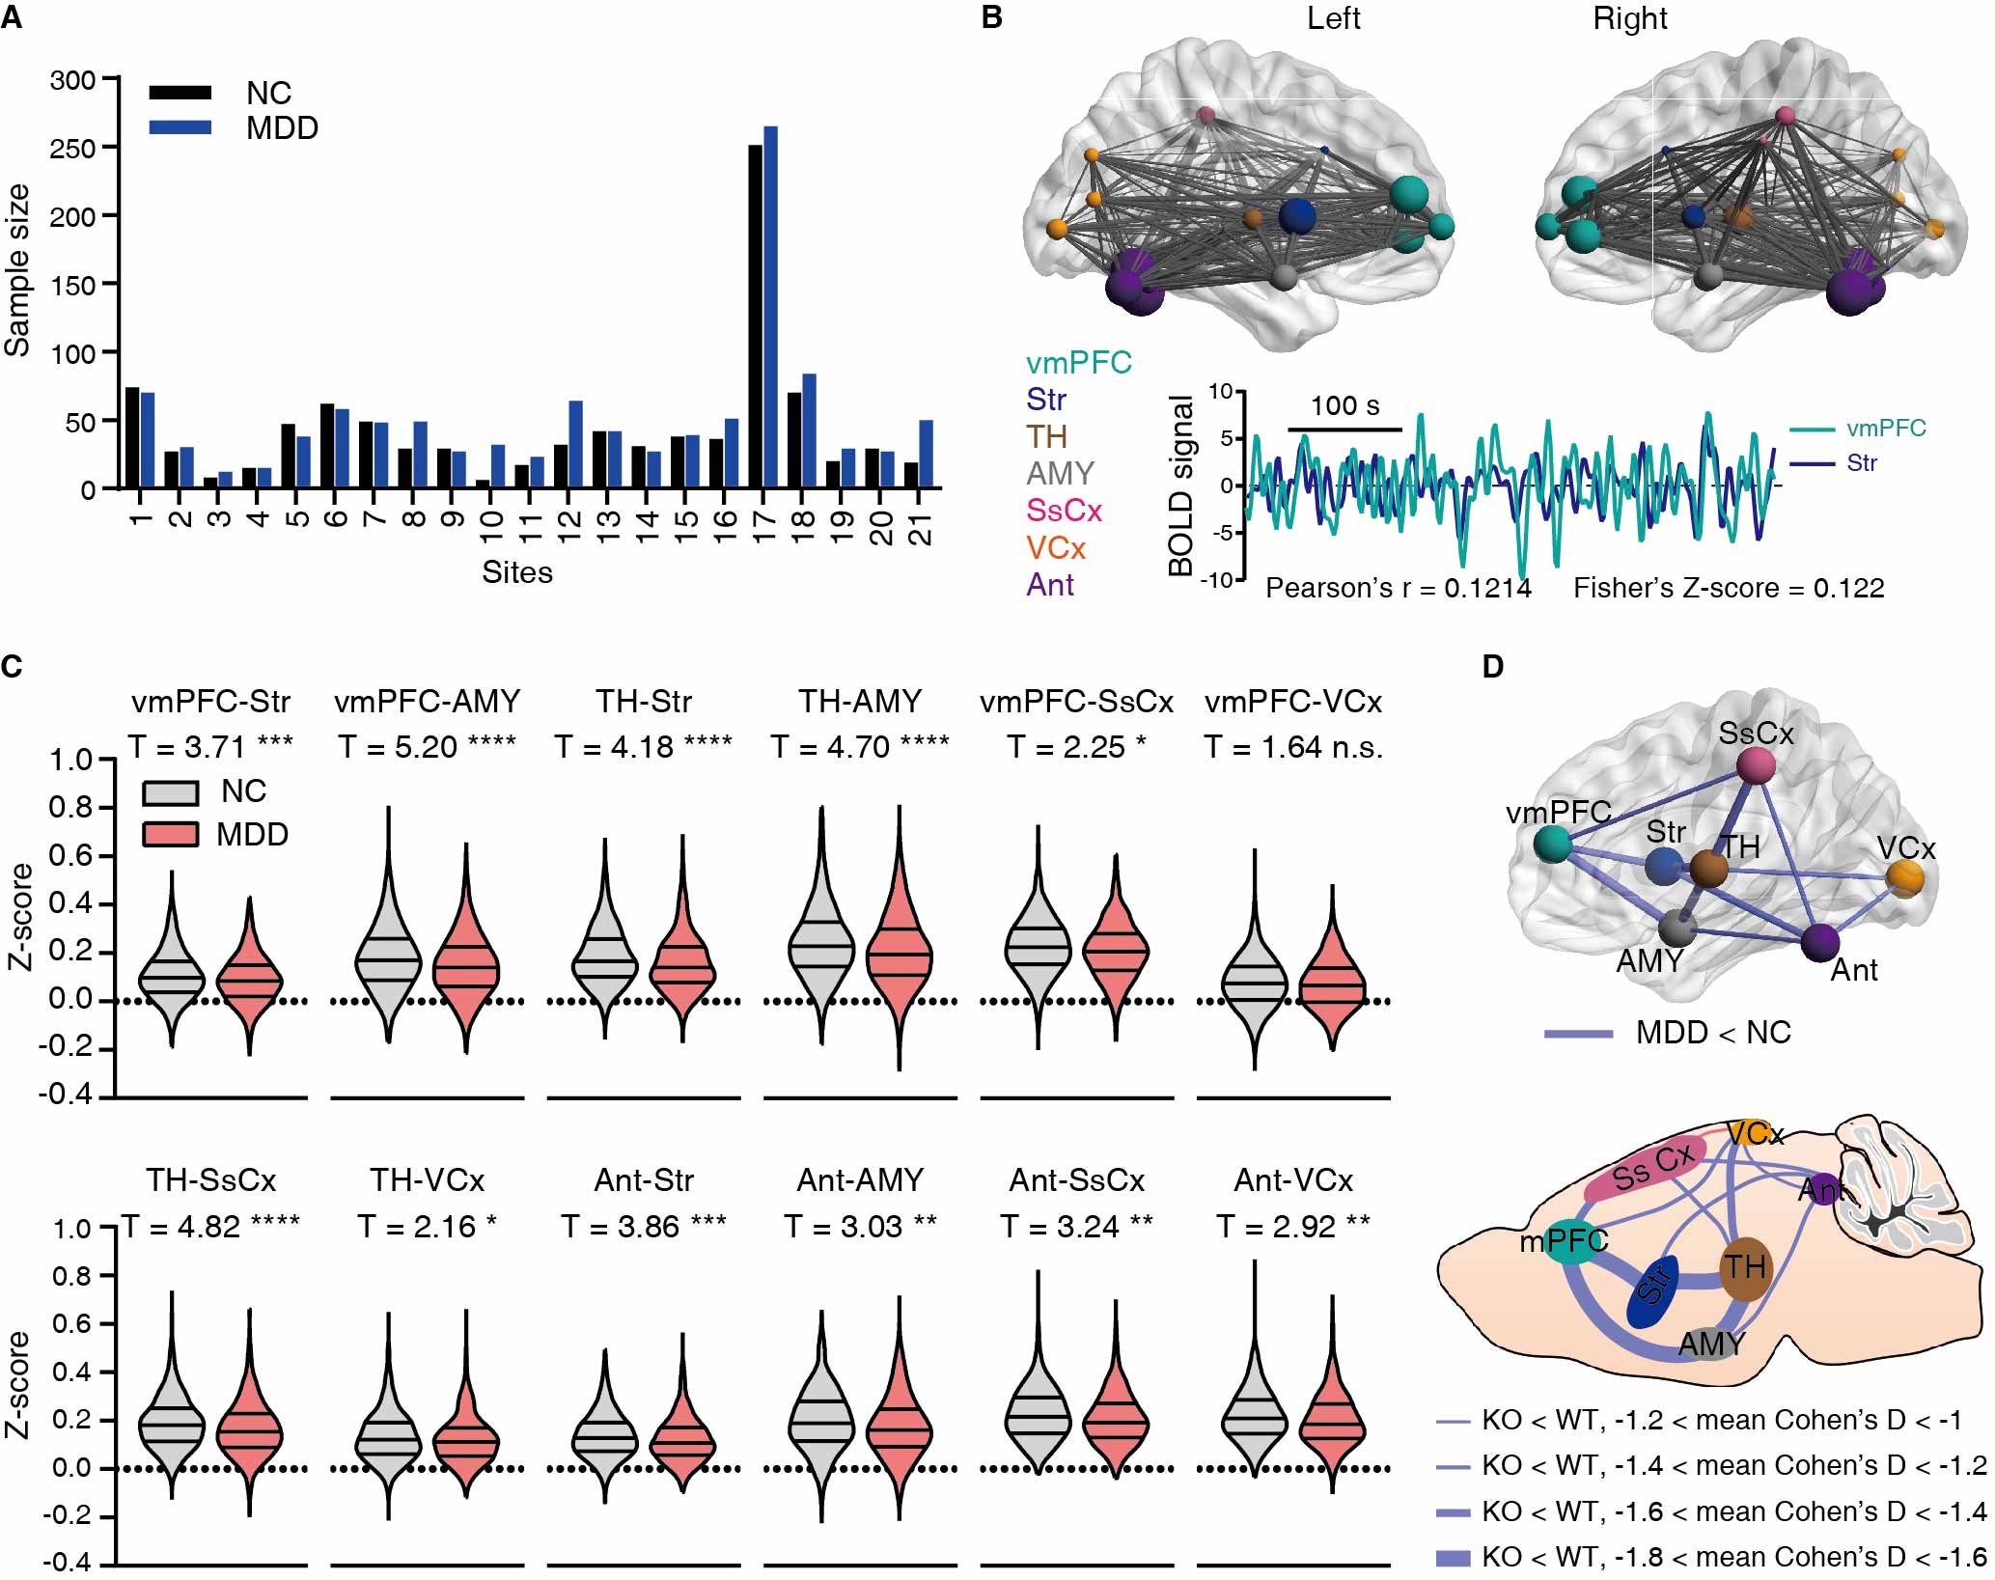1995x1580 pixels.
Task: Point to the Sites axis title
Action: pos(517,572)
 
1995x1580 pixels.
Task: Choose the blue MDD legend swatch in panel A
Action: pos(180,127)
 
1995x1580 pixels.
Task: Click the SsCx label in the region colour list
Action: pos(1064,511)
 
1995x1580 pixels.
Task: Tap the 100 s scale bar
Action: pos(1344,428)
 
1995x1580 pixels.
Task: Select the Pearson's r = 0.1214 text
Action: pos(1398,588)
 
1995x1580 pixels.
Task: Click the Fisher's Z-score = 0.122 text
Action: pos(1728,588)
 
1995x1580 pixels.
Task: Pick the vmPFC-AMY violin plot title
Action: pos(427,701)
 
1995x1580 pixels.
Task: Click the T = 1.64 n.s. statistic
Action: pos(1292,747)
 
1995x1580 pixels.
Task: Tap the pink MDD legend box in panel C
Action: pos(170,834)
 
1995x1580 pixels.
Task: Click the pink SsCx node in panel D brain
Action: pos(1755,766)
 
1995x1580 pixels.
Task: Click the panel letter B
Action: pos(991,17)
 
